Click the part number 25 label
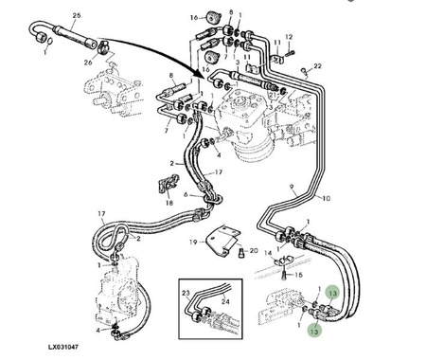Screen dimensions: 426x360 click(x=77, y=15)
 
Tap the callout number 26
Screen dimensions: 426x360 click(x=88, y=63)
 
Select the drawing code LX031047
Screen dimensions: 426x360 click(x=63, y=347)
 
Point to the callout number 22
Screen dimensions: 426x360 click(x=317, y=65)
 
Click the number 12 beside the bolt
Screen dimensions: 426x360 click(x=289, y=37)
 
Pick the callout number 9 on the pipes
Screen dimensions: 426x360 click(x=293, y=187)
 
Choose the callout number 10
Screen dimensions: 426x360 click(x=327, y=198)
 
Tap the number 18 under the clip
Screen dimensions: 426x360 click(x=169, y=203)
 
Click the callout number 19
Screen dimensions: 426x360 click(x=193, y=243)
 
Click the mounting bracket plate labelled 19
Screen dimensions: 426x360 click(x=222, y=242)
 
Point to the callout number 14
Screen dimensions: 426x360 click(x=268, y=253)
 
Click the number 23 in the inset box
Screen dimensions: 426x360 click(x=186, y=293)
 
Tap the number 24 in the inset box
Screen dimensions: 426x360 click(x=225, y=301)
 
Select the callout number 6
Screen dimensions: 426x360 click(x=186, y=194)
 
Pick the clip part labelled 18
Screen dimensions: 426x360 click(x=169, y=185)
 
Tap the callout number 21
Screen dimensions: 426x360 click(x=274, y=95)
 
